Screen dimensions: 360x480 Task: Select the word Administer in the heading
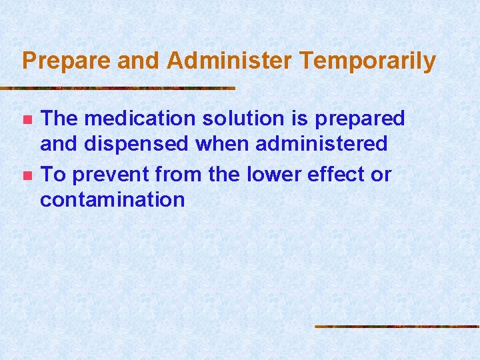229,61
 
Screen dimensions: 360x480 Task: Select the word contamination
112,199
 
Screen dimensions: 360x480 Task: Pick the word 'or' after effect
381,175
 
